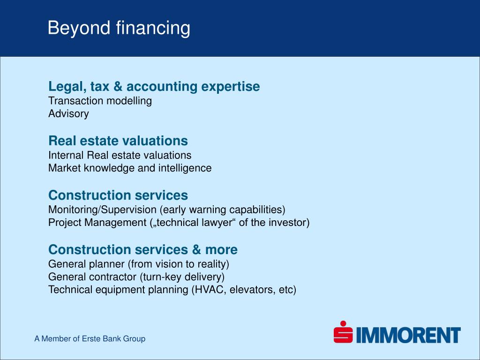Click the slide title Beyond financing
(x=119, y=28)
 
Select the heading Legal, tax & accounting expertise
(x=154, y=87)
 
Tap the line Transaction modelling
(x=100, y=101)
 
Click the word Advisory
(x=68, y=114)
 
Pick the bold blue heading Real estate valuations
(x=118, y=141)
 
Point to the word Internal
(x=66, y=155)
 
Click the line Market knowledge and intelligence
(x=130, y=168)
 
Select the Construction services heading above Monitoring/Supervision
(x=118, y=195)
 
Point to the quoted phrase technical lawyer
(x=194, y=223)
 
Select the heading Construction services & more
(x=143, y=249)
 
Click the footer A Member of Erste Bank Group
(x=90, y=338)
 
